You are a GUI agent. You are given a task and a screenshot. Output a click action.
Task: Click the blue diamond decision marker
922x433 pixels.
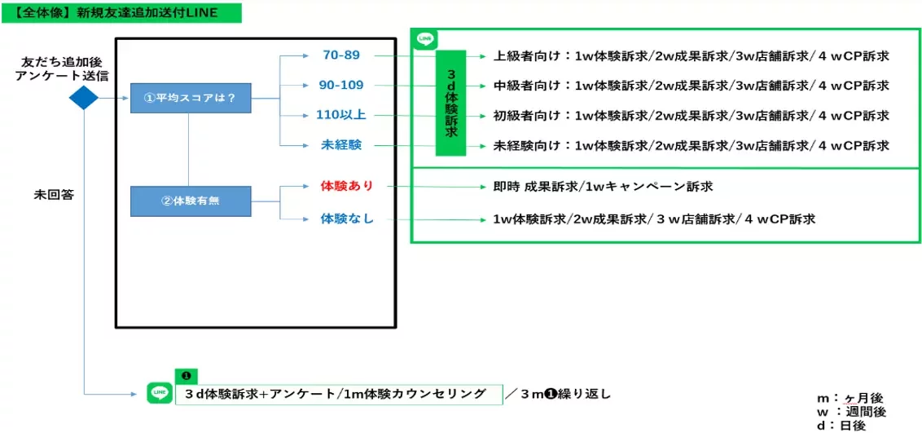pyautogui.click(x=84, y=98)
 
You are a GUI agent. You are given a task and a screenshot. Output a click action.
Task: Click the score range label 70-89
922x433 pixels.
pyautogui.click(x=341, y=55)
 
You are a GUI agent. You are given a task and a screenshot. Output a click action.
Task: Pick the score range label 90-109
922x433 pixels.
pyautogui.click(x=341, y=86)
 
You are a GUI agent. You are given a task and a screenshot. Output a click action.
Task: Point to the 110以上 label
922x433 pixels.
pyautogui.click(x=341, y=115)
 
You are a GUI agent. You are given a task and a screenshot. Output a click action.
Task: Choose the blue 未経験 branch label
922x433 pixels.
pyautogui.click(x=341, y=146)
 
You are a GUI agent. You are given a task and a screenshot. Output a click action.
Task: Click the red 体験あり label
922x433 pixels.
pyautogui.click(x=346, y=187)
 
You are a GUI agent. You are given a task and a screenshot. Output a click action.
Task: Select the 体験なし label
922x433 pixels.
pyautogui.click(x=346, y=219)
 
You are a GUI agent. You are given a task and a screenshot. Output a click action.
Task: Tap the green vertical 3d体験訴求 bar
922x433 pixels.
pyautogui.click(x=450, y=103)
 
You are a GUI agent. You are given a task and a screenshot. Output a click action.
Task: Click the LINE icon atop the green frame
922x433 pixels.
pyautogui.click(x=424, y=39)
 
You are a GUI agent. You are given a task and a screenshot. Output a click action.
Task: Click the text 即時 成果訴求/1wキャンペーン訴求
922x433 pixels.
pyautogui.click(x=604, y=187)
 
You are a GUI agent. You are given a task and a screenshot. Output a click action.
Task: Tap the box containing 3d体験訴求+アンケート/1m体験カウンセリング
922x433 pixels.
pyautogui.click(x=340, y=394)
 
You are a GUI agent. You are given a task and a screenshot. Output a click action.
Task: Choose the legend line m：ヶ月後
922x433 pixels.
pyautogui.click(x=850, y=399)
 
